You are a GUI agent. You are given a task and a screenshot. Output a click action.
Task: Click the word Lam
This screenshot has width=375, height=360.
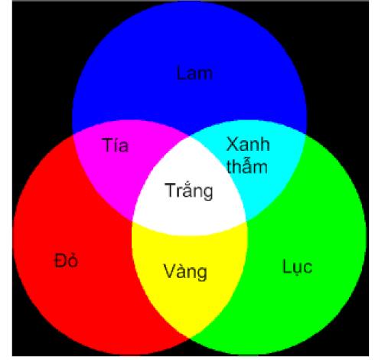pyautogui.click(x=194, y=74)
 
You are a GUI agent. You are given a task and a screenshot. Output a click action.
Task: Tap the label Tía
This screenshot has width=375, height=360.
pyautogui.click(x=116, y=145)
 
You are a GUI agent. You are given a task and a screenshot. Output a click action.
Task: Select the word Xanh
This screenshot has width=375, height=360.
pyautogui.click(x=248, y=144)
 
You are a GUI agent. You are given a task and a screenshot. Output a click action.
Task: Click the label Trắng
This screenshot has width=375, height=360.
pyautogui.click(x=189, y=191)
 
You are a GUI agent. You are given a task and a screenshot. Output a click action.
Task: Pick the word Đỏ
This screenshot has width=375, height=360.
pyautogui.click(x=67, y=260)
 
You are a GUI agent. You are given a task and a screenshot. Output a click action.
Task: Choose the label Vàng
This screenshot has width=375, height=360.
pyautogui.click(x=185, y=271)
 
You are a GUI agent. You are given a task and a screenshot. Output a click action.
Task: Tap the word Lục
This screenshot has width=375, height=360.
pyautogui.click(x=298, y=267)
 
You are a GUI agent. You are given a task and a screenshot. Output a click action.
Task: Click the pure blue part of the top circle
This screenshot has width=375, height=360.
pyautogui.click(x=189, y=64)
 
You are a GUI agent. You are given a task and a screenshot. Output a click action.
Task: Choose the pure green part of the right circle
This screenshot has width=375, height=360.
pyautogui.click(x=306, y=255)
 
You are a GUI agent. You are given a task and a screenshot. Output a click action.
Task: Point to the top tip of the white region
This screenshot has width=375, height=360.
pyautogui.click(x=189, y=136)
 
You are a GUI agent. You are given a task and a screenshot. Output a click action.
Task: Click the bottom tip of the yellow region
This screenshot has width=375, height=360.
pyautogui.click(x=189, y=339)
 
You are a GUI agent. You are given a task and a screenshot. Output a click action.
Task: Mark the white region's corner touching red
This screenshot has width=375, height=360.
pyautogui.click(x=132, y=221)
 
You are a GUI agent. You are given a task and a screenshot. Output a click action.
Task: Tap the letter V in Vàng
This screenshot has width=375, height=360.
pyautogui.click(x=169, y=271)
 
